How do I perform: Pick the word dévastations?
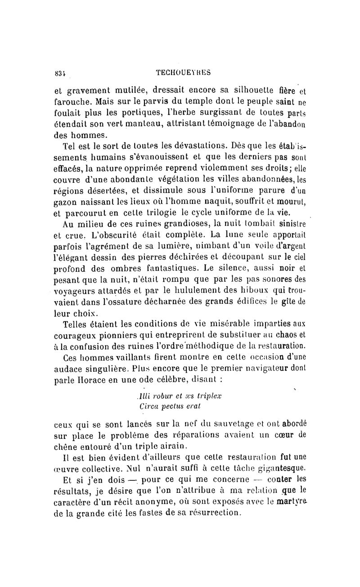pos(192,146)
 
